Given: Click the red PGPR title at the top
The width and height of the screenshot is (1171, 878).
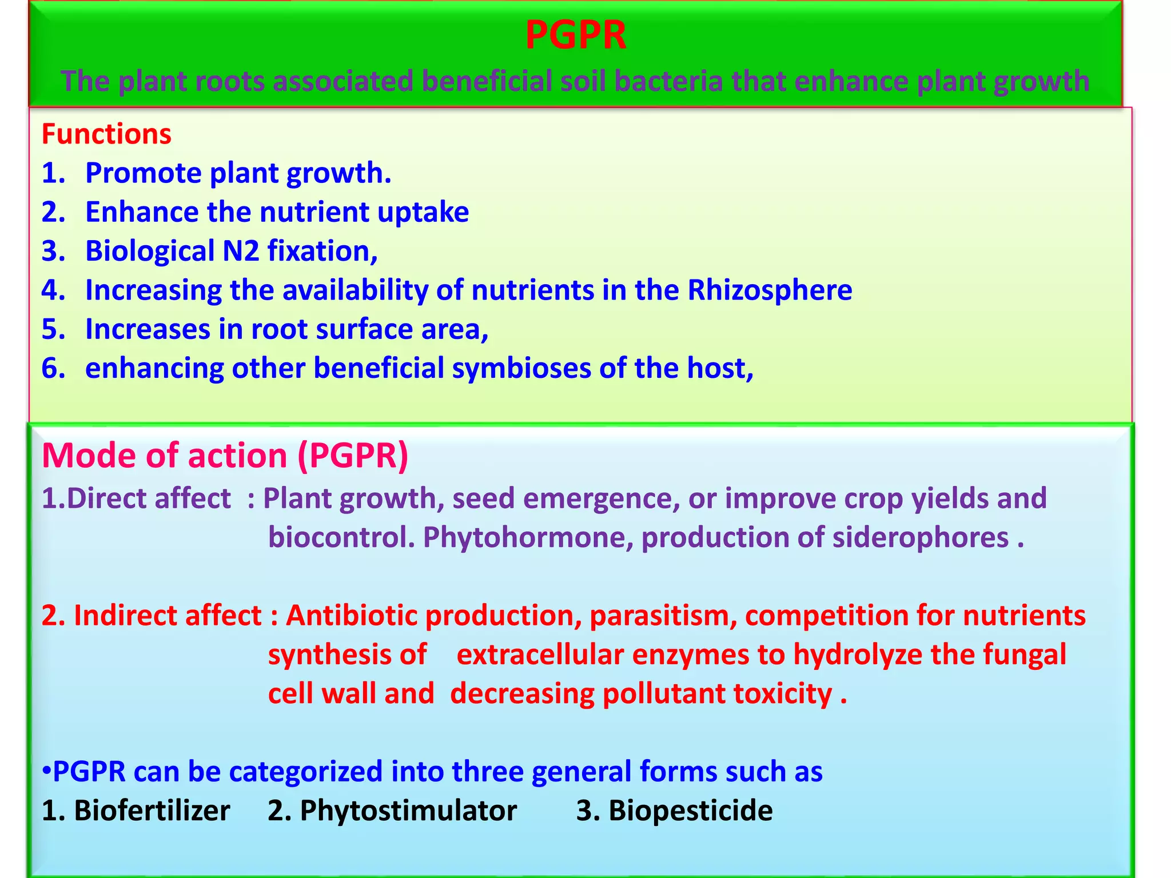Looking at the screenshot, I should click(575, 35).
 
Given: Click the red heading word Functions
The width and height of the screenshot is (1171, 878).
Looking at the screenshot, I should click(106, 134).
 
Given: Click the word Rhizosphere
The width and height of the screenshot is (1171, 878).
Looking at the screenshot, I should click(769, 290).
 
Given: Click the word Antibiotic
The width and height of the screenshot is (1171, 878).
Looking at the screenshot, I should click(352, 616).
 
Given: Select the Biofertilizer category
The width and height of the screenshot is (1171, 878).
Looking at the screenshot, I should click(152, 811).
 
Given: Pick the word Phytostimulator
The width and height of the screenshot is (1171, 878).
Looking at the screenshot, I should click(408, 811).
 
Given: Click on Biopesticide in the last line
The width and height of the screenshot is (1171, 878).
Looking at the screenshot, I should click(690, 811).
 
